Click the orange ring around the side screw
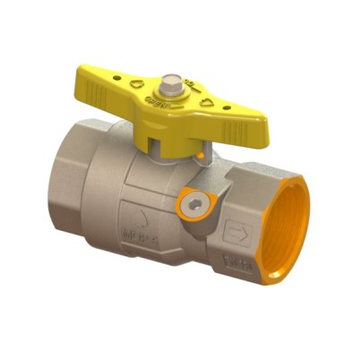point(185,199)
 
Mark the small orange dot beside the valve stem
point(210,159)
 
